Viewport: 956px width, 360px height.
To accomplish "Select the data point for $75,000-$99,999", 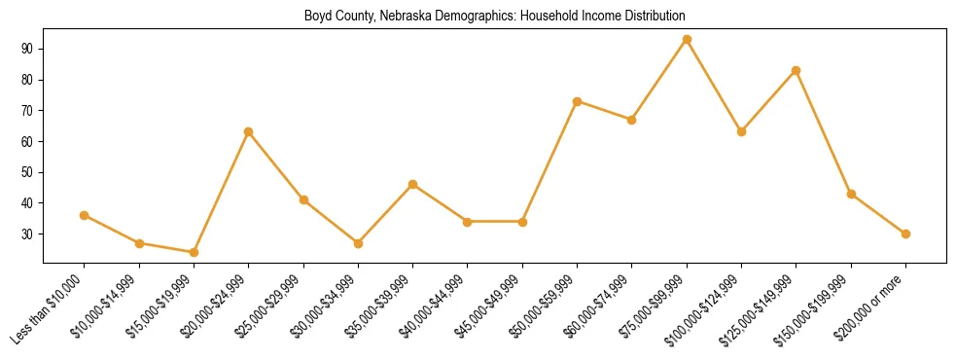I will click(687, 39).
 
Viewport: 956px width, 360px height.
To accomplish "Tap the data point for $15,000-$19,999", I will click(194, 252).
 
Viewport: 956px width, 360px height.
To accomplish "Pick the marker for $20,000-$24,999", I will click(249, 131).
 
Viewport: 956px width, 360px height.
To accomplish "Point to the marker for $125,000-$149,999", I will click(797, 70).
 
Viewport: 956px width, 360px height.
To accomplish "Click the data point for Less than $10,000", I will click(85, 215).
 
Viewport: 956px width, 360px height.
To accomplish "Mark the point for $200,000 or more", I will click(905, 234).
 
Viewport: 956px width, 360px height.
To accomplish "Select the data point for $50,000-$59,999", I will click(578, 101).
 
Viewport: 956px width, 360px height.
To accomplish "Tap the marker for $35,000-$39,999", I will click(413, 184).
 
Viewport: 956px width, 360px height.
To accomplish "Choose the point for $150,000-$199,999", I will click(851, 194).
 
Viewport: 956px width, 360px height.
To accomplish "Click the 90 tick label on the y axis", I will click(26, 49).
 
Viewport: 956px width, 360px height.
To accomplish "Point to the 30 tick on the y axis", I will click(26, 234).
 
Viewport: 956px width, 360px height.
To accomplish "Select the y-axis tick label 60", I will click(26, 141).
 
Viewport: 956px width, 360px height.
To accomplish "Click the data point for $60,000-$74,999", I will click(632, 120).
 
